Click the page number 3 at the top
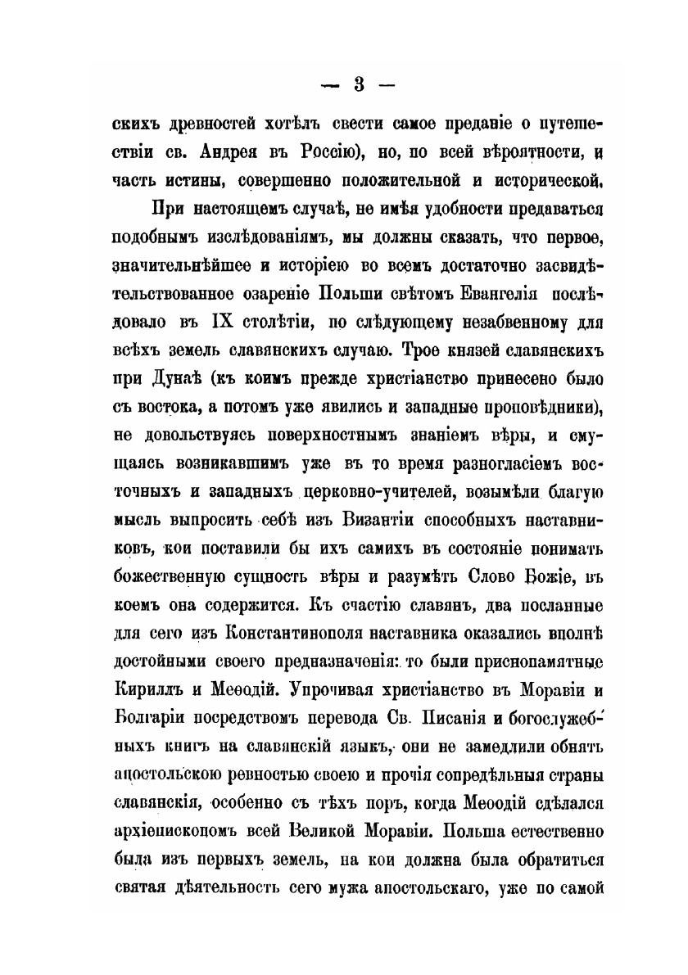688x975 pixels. [x=357, y=86]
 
